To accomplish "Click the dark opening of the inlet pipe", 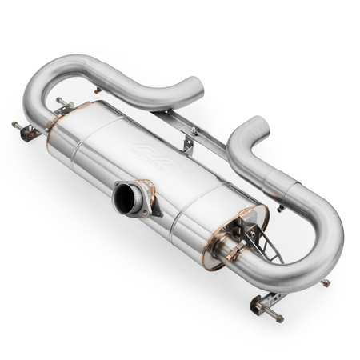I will click(x=125, y=199).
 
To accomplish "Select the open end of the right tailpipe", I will click(x=258, y=126).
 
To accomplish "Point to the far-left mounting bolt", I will click(x=17, y=126).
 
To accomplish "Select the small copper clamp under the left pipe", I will click(x=98, y=90).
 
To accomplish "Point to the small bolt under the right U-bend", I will click(x=325, y=283).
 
